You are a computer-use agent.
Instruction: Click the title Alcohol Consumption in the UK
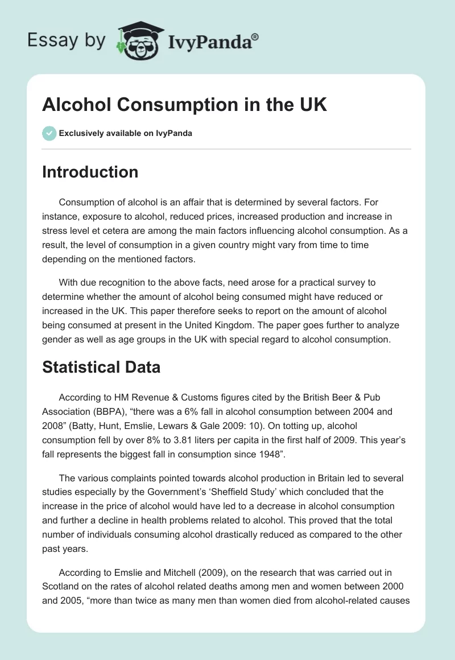[x=184, y=105]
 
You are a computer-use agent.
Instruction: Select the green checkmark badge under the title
[x=49, y=133]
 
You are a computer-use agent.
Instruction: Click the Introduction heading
[x=90, y=172]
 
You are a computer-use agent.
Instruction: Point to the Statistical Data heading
[x=101, y=367]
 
